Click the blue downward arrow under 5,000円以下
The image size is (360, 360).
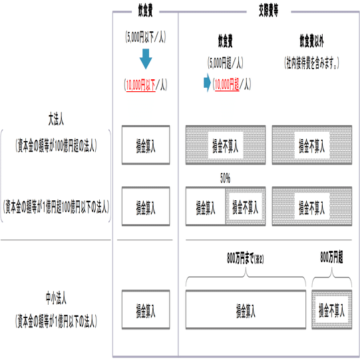click(x=146, y=59)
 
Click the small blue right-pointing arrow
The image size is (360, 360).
click(x=207, y=83)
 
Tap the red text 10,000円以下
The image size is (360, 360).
click(x=141, y=85)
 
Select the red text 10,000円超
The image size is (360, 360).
click(x=227, y=85)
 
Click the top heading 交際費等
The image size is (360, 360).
click(x=268, y=11)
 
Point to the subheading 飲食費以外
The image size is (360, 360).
click(x=311, y=41)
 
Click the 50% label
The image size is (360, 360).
click(x=225, y=178)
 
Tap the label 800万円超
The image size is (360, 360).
click(x=331, y=258)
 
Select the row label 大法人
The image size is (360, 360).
click(x=56, y=119)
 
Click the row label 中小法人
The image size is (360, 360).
click(x=56, y=298)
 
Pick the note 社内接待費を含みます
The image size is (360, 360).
click(x=311, y=63)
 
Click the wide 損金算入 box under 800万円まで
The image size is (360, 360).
click(x=246, y=309)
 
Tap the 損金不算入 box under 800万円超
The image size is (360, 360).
click(x=331, y=309)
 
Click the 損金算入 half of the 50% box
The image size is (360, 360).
click(x=206, y=206)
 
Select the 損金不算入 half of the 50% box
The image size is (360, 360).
click(x=246, y=206)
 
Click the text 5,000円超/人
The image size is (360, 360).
click(x=225, y=63)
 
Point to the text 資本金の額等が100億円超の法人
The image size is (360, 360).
click(x=57, y=146)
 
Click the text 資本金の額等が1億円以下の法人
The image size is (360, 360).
click(x=57, y=321)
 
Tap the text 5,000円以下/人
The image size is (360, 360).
click(x=146, y=37)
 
